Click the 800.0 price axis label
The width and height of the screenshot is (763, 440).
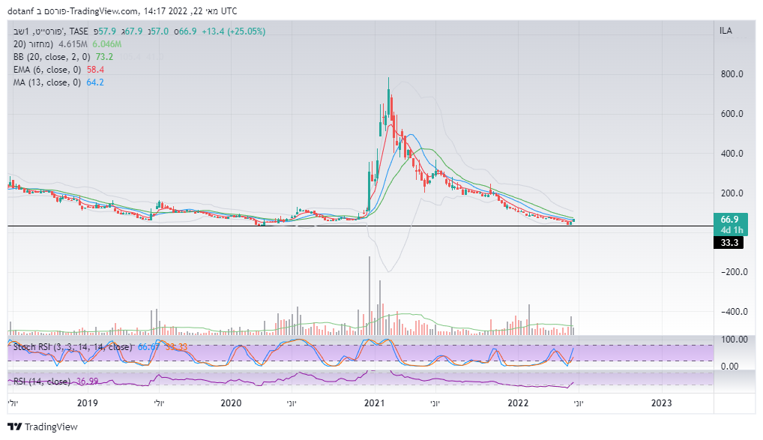[732, 75]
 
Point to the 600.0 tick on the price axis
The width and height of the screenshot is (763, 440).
[732, 115]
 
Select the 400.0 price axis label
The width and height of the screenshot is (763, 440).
[732, 154]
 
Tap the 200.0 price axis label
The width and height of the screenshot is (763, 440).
[732, 193]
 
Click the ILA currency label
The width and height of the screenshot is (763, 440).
[726, 31]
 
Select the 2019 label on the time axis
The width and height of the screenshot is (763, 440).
[88, 403]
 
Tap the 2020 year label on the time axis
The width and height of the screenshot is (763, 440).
[231, 403]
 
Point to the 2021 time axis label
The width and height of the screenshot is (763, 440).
[374, 403]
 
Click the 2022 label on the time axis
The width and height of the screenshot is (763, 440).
[518, 403]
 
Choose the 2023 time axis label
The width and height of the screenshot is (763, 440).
[661, 403]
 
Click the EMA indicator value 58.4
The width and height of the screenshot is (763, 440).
[96, 69]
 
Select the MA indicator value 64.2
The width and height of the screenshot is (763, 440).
[95, 82]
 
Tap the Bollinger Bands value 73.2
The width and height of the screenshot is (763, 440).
[103, 56]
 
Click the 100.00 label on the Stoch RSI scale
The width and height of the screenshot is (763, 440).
[733, 340]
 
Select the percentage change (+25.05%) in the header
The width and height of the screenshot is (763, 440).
[248, 31]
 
